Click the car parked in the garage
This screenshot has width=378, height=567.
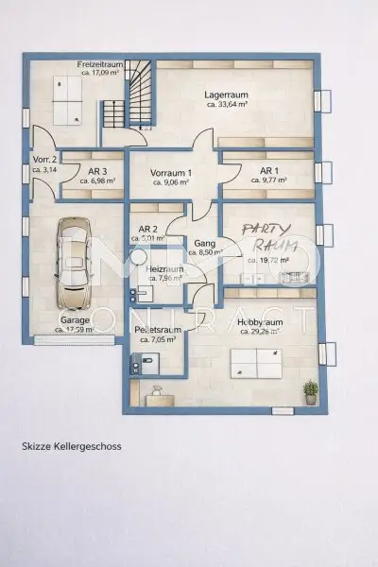point(74,264)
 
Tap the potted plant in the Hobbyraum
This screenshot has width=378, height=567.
point(310,391)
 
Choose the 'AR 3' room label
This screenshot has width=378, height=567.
point(96,171)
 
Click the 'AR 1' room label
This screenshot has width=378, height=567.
point(269,171)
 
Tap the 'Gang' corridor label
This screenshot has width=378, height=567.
point(204,243)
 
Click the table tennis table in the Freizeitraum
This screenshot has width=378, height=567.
point(71,99)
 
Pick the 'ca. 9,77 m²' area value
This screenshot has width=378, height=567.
point(269,180)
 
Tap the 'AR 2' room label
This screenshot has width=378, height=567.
point(146,230)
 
